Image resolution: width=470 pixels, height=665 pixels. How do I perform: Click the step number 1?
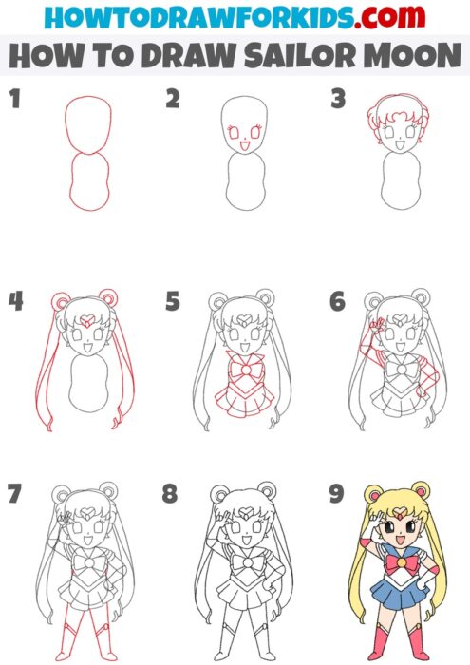[13, 98]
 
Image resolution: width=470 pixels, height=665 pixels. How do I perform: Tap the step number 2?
[172, 98]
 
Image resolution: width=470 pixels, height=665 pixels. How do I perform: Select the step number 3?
[337, 98]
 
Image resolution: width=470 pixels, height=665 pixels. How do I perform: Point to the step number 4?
[15, 301]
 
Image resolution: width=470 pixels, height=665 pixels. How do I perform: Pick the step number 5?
[172, 301]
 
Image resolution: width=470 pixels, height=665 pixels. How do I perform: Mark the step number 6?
[337, 301]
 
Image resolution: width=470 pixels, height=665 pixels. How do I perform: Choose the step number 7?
[14, 494]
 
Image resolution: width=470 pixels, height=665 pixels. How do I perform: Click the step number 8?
[171, 494]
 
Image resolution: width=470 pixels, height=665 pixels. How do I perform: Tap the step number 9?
[336, 494]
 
